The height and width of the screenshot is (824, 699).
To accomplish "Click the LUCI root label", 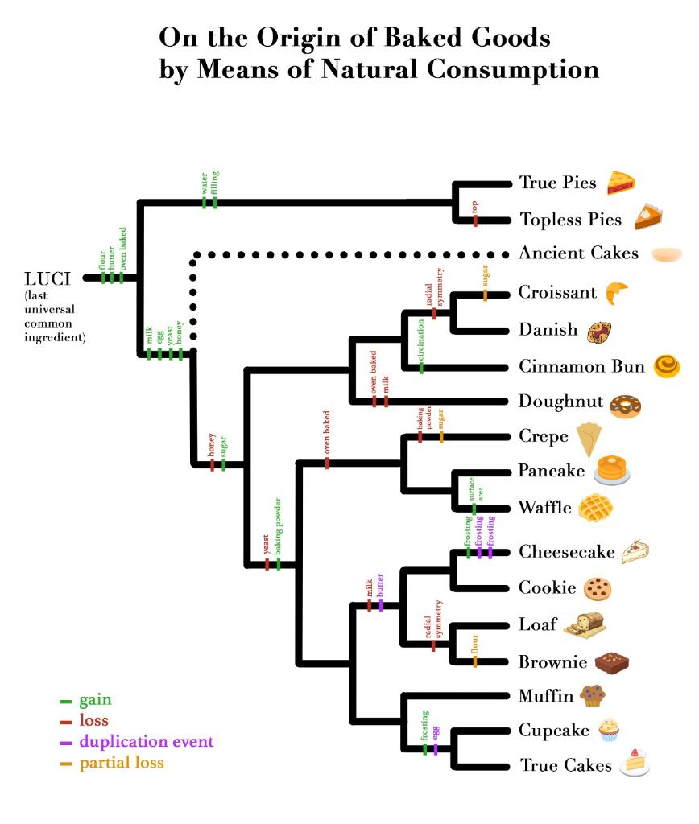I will click(x=48, y=278).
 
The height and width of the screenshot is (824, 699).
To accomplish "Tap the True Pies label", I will click(x=557, y=183).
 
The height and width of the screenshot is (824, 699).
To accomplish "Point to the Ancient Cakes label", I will click(x=578, y=253).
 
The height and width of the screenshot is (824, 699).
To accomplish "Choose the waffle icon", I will click(x=595, y=508).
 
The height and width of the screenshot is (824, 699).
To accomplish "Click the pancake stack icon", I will click(x=611, y=471).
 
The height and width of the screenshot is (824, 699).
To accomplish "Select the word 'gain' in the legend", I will click(x=95, y=700).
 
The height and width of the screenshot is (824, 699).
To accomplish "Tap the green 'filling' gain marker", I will click(x=215, y=202).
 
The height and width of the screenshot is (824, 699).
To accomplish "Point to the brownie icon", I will click(x=611, y=663).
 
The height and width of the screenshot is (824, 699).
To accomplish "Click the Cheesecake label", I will click(x=567, y=552).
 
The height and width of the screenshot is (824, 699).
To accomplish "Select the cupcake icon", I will click(x=609, y=729).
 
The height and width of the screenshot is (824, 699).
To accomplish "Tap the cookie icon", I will click(x=597, y=589).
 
